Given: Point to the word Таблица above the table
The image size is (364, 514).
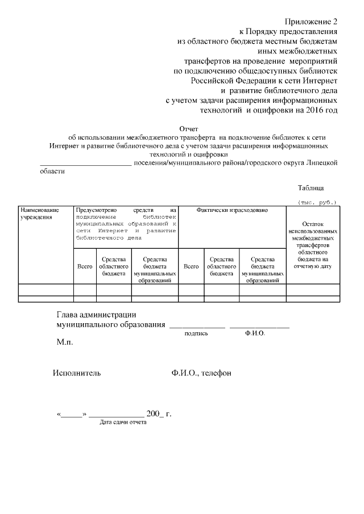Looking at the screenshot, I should [x=311, y=188].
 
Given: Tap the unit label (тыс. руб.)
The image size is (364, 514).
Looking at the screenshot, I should [x=317, y=202].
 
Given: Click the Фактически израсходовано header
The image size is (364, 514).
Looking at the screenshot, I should [x=232, y=210].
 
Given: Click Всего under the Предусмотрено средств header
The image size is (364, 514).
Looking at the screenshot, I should [x=85, y=266].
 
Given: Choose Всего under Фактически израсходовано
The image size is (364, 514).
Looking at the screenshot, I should [x=191, y=266].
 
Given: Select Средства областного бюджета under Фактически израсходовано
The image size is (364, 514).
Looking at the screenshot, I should [x=222, y=266].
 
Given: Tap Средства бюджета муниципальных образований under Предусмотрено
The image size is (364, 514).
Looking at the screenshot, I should [x=155, y=269].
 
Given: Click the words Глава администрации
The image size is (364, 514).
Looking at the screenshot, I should [x=96, y=315].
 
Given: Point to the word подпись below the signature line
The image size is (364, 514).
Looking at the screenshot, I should [x=196, y=333].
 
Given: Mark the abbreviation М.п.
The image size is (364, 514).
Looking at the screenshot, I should [x=65, y=343].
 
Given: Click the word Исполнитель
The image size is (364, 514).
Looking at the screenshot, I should [x=77, y=373].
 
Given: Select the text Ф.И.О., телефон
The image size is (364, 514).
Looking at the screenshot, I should [x=201, y=373].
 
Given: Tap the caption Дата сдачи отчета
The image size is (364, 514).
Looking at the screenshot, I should [x=122, y=423].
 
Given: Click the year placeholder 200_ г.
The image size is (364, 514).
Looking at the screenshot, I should [x=159, y=413].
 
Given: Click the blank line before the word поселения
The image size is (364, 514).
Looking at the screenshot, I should [x=85, y=164].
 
